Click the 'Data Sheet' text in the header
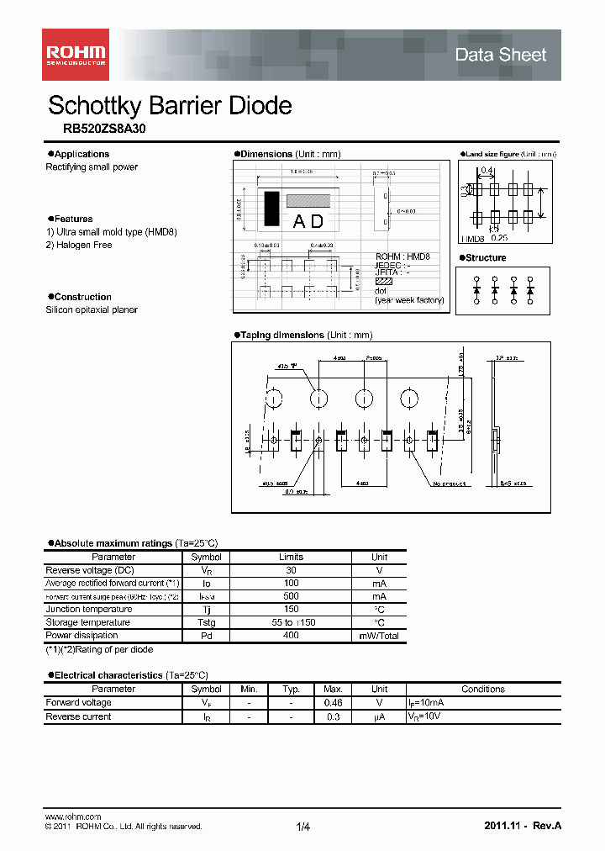(x=500, y=55)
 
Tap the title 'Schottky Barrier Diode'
(x=170, y=105)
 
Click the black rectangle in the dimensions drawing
(x=271, y=209)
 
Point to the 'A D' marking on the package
(x=308, y=222)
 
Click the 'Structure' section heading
(x=486, y=258)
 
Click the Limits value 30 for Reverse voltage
(x=291, y=570)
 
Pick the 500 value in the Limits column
(x=291, y=596)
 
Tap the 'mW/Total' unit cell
(x=379, y=636)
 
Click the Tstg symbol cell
(x=206, y=622)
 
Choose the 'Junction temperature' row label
(x=88, y=609)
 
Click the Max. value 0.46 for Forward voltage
(x=333, y=702)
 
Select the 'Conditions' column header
(x=483, y=689)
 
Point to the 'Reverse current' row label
(x=78, y=716)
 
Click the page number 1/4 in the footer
(x=302, y=827)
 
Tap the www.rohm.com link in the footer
(x=72, y=817)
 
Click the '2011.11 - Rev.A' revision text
(x=522, y=826)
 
